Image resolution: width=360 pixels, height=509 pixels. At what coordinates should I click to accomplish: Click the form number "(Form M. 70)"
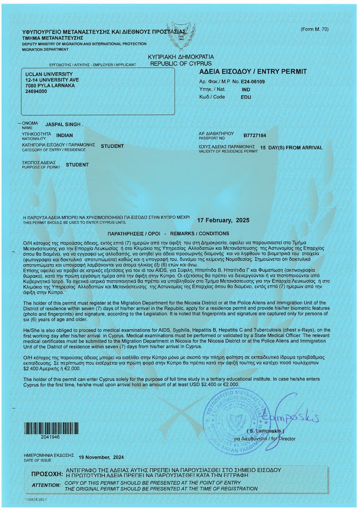(314, 29)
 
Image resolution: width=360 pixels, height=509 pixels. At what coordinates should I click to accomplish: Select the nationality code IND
(246, 90)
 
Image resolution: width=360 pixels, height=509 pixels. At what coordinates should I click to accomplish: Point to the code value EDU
(246, 97)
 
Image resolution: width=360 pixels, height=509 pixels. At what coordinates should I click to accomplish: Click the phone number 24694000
(36, 91)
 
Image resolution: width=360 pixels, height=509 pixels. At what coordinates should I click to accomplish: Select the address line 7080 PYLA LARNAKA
(50, 86)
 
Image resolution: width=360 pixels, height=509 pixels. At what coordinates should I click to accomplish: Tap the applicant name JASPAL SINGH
(63, 124)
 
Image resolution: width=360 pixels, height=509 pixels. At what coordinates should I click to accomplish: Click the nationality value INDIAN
(64, 135)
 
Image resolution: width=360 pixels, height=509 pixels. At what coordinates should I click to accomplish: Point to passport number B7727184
(255, 136)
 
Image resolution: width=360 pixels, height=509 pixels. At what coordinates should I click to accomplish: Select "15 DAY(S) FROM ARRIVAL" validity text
(291, 148)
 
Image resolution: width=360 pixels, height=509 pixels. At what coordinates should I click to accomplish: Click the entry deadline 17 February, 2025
(223, 220)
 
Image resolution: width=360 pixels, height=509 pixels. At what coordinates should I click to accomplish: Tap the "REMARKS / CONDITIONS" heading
(199, 234)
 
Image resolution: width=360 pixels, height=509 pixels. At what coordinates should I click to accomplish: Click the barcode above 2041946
(51, 429)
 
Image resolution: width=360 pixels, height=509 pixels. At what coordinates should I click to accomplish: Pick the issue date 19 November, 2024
(101, 457)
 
